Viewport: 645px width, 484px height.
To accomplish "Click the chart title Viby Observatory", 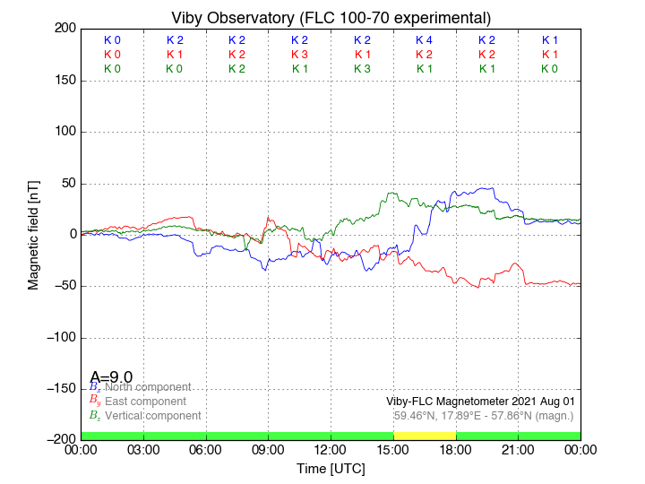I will [x=331, y=18].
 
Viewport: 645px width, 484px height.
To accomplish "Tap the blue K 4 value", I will [x=424, y=40].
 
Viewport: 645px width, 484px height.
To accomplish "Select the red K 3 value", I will [x=299, y=55].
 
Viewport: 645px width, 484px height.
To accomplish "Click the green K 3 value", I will [x=362, y=69].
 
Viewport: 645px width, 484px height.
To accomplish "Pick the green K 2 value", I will [x=236, y=69].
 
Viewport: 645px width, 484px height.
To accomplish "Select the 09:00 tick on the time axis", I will [x=268, y=448].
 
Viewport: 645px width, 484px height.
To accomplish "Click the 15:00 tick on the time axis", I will [x=393, y=448].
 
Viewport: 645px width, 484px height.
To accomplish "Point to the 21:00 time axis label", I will [x=518, y=448].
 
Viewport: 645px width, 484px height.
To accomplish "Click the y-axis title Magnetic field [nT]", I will [x=34, y=233].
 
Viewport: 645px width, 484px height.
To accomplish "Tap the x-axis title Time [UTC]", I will [x=331, y=469].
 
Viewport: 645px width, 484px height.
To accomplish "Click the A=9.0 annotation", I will [x=111, y=376].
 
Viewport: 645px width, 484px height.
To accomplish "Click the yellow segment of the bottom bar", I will [x=424, y=436].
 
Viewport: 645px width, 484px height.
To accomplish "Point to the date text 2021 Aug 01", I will [x=543, y=402].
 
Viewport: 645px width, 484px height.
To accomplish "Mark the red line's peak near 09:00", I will [x=268, y=216].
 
